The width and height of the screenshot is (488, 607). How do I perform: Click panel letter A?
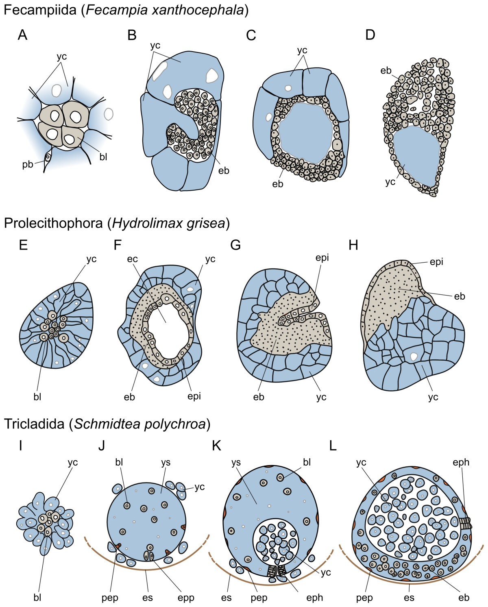pyautogui.click(x=23, y=36)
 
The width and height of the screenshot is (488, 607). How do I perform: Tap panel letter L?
pyautogui.click(x=333, y=446)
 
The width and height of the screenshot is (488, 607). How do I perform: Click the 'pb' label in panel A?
pyautogui.click(x=28, y=165)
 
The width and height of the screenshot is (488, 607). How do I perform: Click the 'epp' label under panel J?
pyautogui.click(x=185, y=597)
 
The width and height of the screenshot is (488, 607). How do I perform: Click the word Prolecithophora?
pyautogui.click(x=53, y=223)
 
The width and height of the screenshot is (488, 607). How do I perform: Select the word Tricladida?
pyautogui.click(x=34, y=424)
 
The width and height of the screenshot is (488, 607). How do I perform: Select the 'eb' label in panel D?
pyautogui.click(x=386, y=71)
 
